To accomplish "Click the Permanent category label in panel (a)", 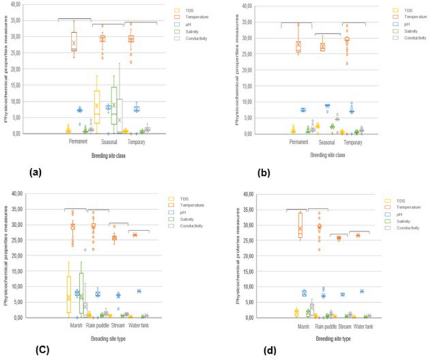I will click(x=82, y=141).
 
